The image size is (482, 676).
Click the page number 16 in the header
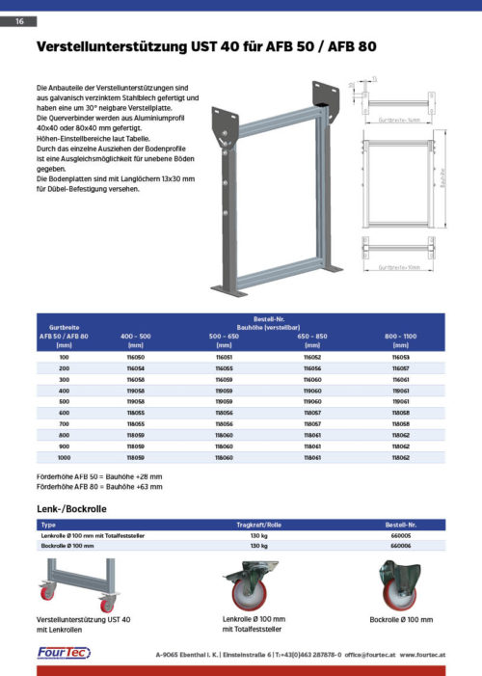coord(18,21)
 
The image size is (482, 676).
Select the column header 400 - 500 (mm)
coord(135,339)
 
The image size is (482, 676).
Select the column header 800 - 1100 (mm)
coord(401,339)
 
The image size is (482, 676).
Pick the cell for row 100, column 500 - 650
coord(224,357)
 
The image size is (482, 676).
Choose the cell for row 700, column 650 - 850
coord(312,424)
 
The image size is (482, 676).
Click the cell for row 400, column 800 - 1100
coord(401,391)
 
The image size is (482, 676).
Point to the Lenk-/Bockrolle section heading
coord(71,508)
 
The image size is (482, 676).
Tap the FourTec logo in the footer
coord(64,653)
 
